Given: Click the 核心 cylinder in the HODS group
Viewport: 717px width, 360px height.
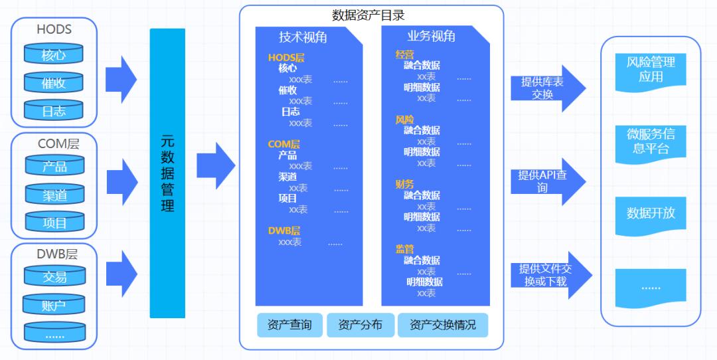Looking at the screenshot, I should tap(54, 55).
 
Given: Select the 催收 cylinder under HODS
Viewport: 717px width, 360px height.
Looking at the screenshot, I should tap(54, 84).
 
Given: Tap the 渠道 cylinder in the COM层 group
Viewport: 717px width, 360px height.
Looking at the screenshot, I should tap(54, 195).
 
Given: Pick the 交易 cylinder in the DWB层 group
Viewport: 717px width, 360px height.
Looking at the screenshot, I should tap(54, 277).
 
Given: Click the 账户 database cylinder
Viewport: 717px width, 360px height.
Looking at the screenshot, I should tap(54, 306).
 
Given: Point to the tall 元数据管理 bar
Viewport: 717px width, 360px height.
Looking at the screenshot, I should tap(167, 173).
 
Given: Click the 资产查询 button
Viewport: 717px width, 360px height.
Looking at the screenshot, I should tap(289, 325).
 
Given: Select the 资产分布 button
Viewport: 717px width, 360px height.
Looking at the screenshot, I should tap(360, 325).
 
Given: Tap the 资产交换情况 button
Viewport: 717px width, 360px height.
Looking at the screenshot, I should tap(442, 325).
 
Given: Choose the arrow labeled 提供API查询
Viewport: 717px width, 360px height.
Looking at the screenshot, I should tap(546, 181).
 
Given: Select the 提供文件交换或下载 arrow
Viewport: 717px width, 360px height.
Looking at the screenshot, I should tap(546, 274).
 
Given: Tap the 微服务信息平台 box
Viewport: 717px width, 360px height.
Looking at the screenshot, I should tap(651, 141).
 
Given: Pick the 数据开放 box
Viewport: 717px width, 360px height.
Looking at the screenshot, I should tap(651, 213).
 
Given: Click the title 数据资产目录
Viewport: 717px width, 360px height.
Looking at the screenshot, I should tap(368, 15).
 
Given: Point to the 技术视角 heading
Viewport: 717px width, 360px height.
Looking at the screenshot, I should tap(303, 37).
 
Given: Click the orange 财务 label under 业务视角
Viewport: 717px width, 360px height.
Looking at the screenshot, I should tap(404, 184).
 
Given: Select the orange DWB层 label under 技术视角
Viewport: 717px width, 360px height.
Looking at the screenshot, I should tap(284, 230).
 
